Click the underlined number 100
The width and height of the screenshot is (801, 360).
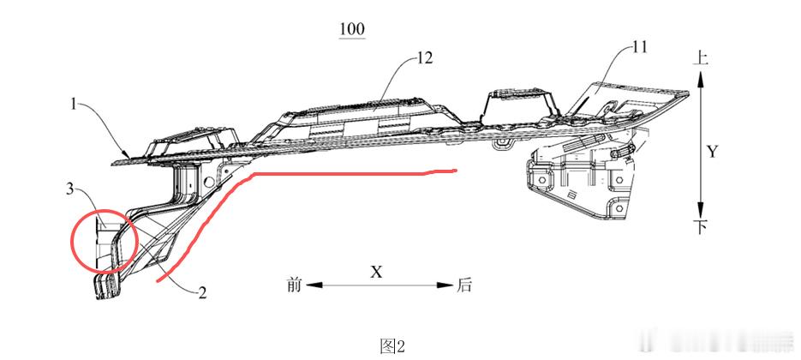click(x=352, y=29)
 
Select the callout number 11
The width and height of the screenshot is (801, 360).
click(x=639, y=47)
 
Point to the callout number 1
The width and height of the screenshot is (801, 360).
click(x=73, y=105)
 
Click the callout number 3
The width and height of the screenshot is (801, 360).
click(x=70, y=189)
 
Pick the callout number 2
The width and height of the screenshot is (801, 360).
click(x=202, y=292)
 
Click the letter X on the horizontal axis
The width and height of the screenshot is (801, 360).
click(x=376, y=271)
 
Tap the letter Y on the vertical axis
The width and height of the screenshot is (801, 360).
click(x=713, y=152)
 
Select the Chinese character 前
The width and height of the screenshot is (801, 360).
click(x=294, y=285)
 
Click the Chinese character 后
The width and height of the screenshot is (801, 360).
click(x=463, y=285)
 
